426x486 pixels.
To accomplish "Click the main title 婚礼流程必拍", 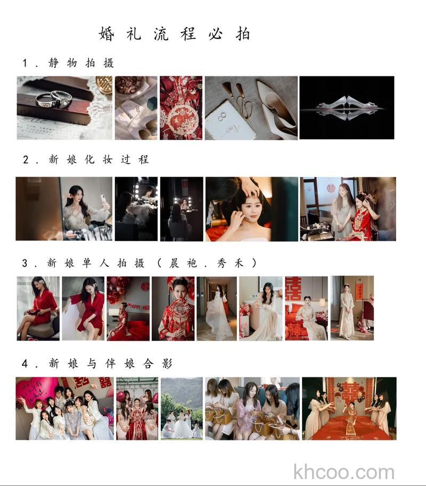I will (174, 34).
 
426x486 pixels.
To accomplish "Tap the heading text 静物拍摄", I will (81, 63).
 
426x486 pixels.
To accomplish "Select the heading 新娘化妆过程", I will (99, 159).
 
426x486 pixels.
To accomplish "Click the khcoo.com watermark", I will (344, 472).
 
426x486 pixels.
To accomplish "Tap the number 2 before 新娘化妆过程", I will (25, 159).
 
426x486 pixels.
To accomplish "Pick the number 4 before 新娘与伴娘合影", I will (25, 363).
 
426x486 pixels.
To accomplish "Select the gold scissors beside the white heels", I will (240, 99).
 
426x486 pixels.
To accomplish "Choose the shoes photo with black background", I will (347, 107).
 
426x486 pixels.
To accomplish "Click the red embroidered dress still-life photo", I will (181, 107).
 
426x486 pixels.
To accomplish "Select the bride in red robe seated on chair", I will (38, 308).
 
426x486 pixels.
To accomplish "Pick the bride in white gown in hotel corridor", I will (217, 308).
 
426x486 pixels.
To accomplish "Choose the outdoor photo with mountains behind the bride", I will (182, 408).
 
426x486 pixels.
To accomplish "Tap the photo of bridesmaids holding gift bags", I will (252, 408).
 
